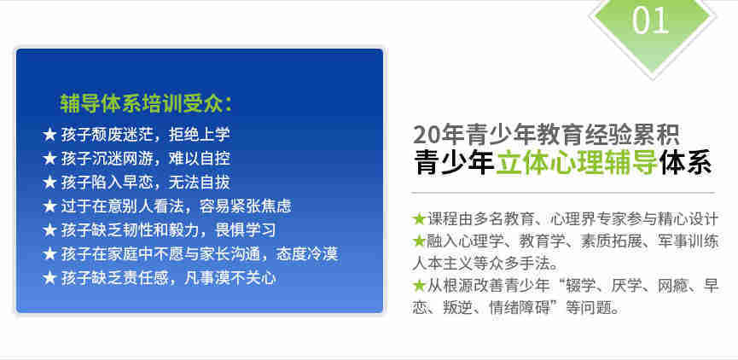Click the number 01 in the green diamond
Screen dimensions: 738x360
pos(651,20)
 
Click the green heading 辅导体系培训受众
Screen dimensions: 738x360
pos(140,103)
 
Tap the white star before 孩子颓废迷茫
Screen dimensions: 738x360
pos(49,134)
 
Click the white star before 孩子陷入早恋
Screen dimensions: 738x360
pos(49,182)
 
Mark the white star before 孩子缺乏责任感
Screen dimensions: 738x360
pos(49,278)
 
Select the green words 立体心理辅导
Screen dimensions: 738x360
pos(577,163)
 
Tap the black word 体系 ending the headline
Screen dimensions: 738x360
pos(685,163)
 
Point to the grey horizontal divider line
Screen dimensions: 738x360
pos(563,193)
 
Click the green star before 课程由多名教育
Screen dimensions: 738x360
pos(419,219)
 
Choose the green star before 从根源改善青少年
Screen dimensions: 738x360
pos(419,286)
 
